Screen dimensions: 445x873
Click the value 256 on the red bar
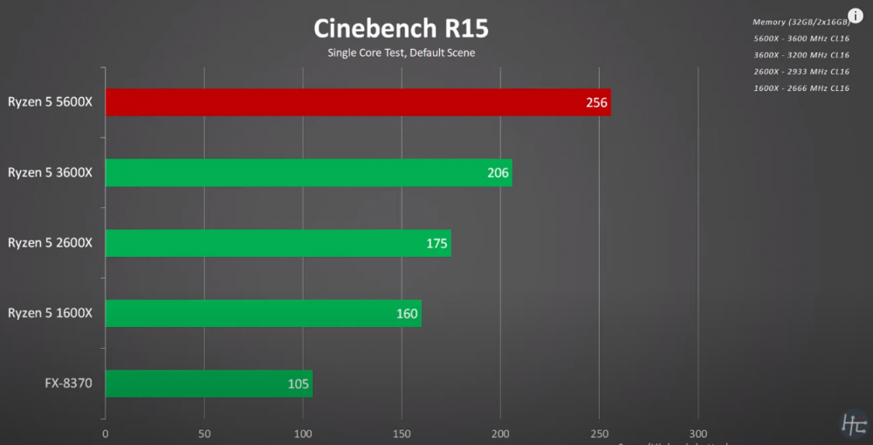coord(597,103)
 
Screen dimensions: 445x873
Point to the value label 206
coord(498,173)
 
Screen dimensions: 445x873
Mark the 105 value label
coord(299,384)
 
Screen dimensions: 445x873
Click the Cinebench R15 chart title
coord(401,28)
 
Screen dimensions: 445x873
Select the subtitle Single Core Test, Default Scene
coord(401,52)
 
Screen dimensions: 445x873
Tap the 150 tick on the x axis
coord(402,433)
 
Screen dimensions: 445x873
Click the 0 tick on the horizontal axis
coord(106,433)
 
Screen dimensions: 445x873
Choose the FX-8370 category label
coord(69,383)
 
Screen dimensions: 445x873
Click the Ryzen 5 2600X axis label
coord(51,243)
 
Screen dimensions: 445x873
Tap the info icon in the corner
coord(855,17)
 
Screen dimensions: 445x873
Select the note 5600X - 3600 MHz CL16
coord(801,38)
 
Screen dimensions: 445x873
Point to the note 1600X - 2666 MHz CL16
coord(801,88)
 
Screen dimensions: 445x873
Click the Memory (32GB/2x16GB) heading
coord(800,22)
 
